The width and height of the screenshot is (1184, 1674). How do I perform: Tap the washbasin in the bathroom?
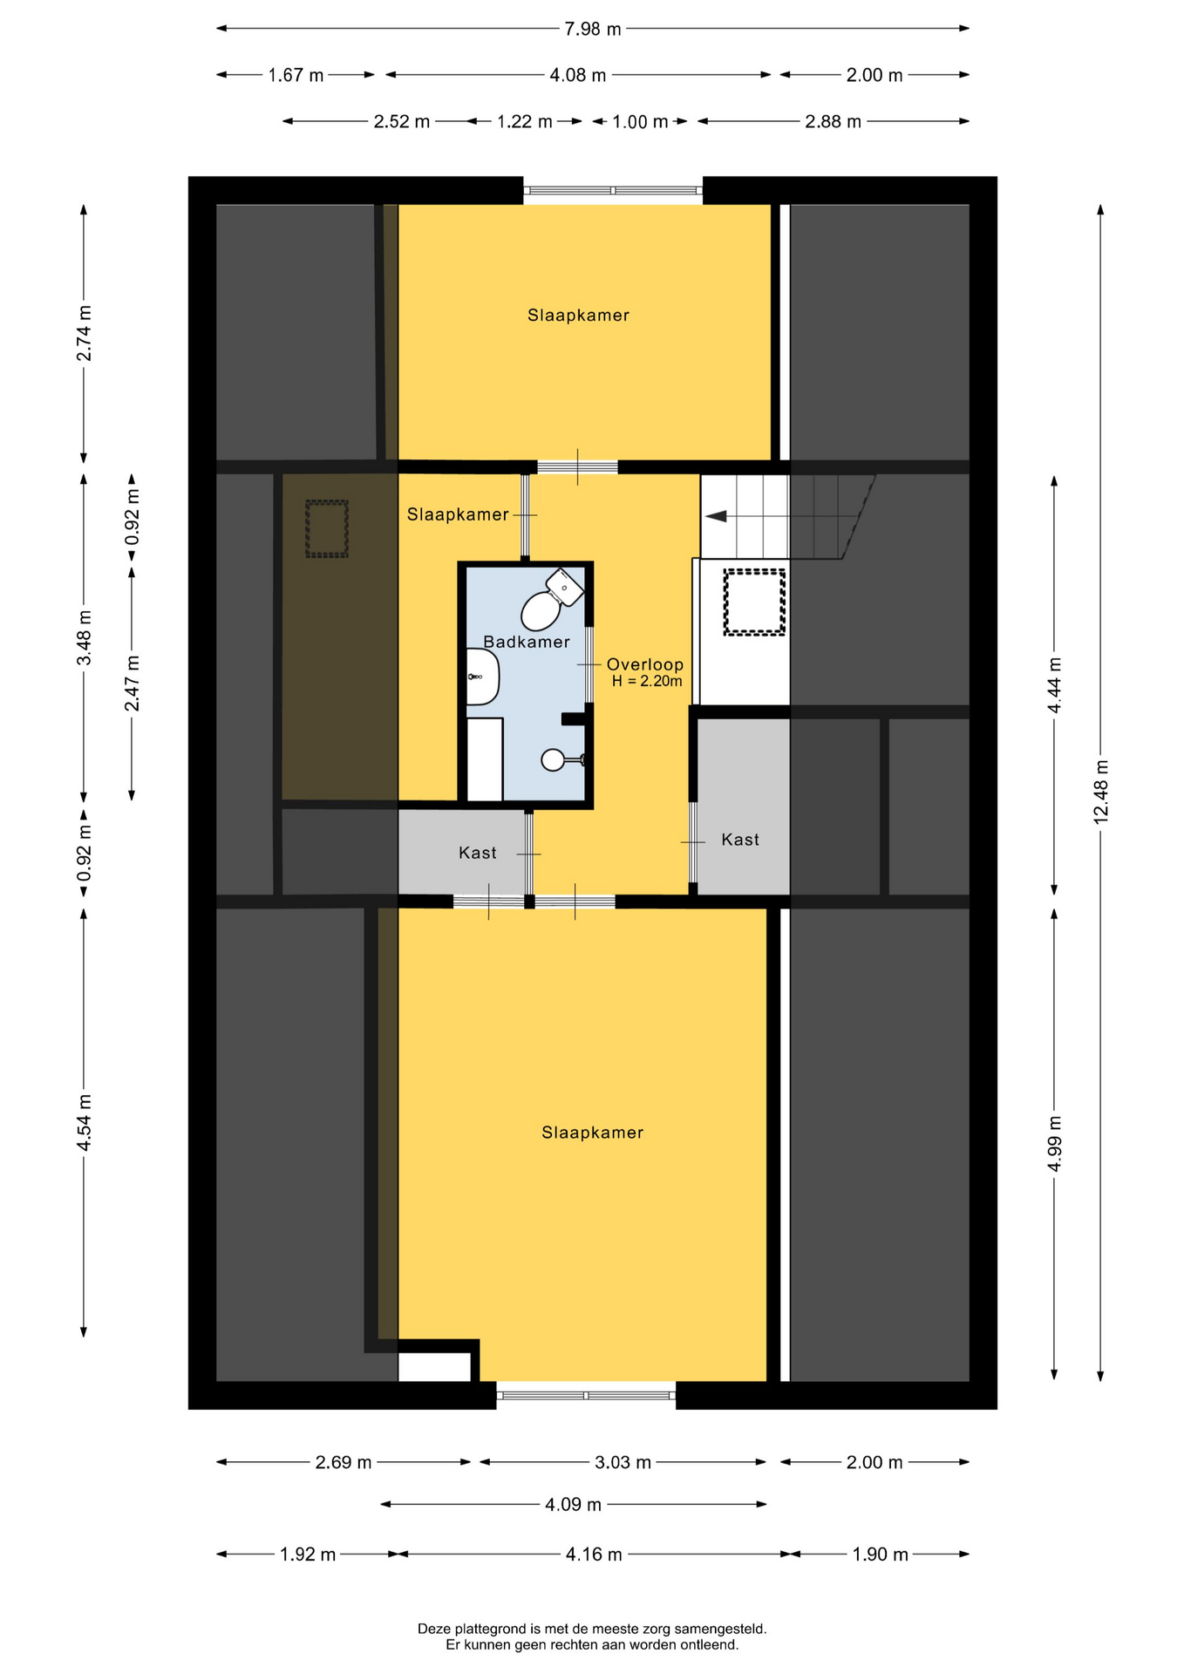click(482, 677)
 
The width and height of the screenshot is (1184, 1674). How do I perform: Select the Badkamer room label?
click(527, 642)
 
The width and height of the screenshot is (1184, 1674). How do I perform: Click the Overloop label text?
click(645, 664)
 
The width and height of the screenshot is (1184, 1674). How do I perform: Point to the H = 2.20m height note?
click(647, 681)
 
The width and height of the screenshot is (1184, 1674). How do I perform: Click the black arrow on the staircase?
click(716, 516)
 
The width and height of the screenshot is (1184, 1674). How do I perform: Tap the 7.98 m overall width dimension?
click(593, 29)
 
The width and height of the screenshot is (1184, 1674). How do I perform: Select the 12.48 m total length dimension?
click(1100, 791)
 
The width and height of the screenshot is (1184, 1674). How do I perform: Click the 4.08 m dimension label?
click(578, 75)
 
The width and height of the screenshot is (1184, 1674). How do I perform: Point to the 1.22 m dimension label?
click(525, 121)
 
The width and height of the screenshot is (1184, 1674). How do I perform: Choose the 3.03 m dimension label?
click(623, 1462)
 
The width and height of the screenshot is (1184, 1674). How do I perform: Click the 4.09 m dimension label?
click(574, 1504)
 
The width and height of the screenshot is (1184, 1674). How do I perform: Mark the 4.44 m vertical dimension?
click(1054, 684)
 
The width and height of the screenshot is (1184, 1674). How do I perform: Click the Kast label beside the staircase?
click(740, 840)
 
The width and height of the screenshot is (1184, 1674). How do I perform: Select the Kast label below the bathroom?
click(478, 853)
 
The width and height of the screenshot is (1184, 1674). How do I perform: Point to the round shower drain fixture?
click(553, 760)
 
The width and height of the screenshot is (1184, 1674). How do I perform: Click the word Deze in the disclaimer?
click(433, 1629)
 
